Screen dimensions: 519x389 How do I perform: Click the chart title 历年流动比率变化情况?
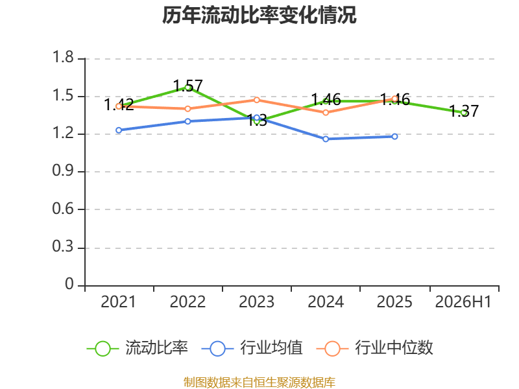point(259,15)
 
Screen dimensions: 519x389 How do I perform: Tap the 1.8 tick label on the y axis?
point(63,57)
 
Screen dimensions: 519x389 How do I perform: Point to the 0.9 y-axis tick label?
point(63,171)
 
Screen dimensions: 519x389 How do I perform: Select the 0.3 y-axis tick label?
point(63,247)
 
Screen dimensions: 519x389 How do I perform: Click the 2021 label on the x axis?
point(118,302)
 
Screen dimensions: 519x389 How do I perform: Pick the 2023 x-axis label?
point(256,302)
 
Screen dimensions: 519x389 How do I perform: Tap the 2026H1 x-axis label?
point(463,302)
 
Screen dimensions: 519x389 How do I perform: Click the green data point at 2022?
point(187,88)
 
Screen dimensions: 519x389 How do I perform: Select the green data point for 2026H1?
point(464,113)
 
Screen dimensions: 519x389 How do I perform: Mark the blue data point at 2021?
point(119,130)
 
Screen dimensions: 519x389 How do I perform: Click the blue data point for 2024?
point(326,139)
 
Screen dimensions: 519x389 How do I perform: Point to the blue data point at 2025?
point(394,137)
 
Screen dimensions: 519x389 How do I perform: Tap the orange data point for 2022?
point(187,109)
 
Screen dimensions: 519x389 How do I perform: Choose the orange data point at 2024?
point(326,113)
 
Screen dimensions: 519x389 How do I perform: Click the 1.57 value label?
point(187,86)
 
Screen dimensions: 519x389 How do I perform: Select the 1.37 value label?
point(464,111)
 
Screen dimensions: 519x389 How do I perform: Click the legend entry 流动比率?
point(138,348)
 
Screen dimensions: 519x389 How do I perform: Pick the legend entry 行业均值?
point(252,348)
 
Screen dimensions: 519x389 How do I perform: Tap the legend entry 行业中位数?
point(375,348)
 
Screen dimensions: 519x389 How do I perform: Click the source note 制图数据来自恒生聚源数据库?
point(259,383)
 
